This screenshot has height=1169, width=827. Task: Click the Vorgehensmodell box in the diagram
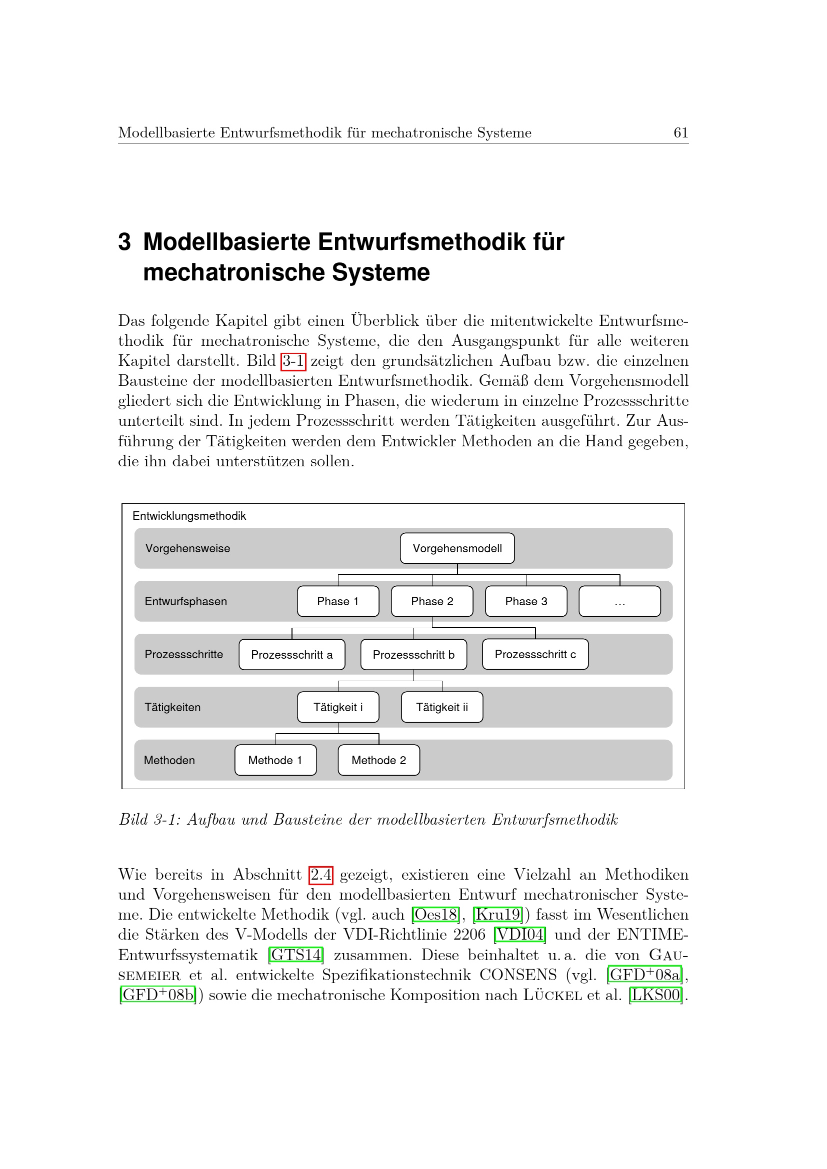pos(457,548)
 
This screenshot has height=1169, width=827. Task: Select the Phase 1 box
pos(337,601)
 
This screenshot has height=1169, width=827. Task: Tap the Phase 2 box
pos(432,601)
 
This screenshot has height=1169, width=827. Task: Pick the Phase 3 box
pos(525,601)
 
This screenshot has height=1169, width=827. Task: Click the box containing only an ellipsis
pos(619,601)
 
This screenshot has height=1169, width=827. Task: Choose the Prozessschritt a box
pos(292,655)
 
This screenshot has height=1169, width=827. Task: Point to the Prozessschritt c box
pos(535,654)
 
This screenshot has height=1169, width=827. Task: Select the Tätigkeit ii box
pos(441,707)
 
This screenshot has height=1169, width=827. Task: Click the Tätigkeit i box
pos(337,707)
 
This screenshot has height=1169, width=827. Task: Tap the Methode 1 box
pos(275,760)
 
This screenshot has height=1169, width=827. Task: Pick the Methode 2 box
pos(379,760)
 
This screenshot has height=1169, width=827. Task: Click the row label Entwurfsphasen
pos(186,601)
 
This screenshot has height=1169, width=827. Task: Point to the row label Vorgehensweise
pos(188,548)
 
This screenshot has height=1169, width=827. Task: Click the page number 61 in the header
pos(681,133)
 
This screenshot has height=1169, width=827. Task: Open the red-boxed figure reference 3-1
pos(293,361)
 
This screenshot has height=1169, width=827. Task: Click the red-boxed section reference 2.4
pos(321,875)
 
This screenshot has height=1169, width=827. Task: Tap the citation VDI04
pos(520,934)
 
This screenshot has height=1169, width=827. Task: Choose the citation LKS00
pos(656,995)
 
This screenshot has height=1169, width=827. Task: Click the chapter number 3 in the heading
pos(125,242)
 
